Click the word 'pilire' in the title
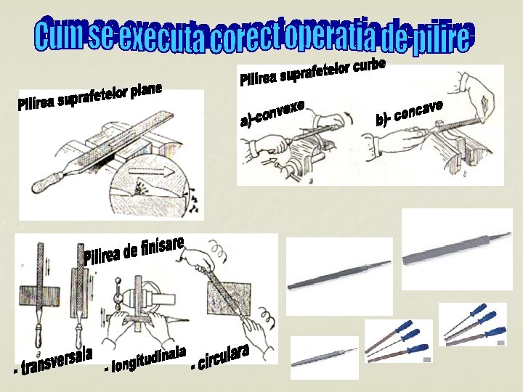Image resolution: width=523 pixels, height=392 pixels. pyautogui.click(x=442, y=37)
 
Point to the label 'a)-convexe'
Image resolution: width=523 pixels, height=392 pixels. pyautogui.click(x=272, y=113)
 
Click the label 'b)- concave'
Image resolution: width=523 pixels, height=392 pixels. pyautogui.click(x=409, y=113)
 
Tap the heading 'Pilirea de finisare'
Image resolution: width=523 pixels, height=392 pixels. pyautogui.click(x=134, y=250)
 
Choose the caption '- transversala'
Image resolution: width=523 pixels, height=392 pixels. pyautogui.click(x=53, y=362)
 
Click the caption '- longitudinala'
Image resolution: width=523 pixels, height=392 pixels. pyautogui.click(x=145, y=359)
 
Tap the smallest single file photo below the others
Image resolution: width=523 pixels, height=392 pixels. pyautogui.click(x=324, y=357)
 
